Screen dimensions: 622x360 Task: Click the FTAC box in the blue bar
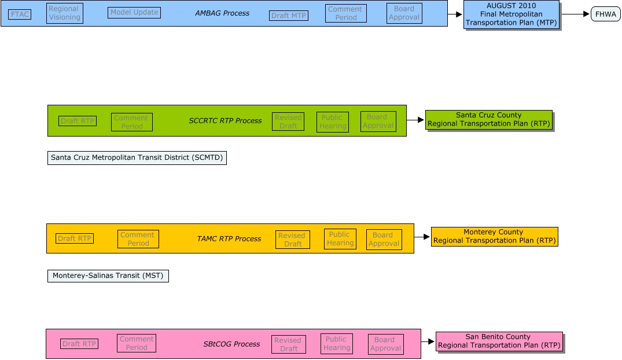point(20,14)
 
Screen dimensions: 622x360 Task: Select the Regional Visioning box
point(65,13)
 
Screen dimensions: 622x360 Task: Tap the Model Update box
point(134,12)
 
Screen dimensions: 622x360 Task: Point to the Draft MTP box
point(288,16)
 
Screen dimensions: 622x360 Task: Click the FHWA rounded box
point(605,14)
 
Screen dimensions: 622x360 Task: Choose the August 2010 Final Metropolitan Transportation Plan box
point(511,14)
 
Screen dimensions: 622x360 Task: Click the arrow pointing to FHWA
point(575,14)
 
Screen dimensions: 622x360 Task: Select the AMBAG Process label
point(222,13)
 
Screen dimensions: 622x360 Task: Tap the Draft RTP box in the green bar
point(78,121)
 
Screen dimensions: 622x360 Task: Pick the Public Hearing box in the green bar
point(333,122)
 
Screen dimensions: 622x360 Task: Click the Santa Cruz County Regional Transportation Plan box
point(489,119)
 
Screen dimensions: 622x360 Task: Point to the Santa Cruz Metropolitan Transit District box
point(137,157)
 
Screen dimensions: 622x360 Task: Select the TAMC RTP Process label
point(229,238)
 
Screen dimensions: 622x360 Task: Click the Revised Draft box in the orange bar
point(293,240)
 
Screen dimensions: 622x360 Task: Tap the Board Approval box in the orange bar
point(384,240)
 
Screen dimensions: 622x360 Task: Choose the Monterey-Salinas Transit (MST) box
point(108,276)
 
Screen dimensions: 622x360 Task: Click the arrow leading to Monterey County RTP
point(422,237)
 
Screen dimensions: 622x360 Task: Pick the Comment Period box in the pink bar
point(137,343)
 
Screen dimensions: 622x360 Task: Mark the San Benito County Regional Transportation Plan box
point(499,341)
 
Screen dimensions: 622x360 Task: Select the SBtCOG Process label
point(231,344)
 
